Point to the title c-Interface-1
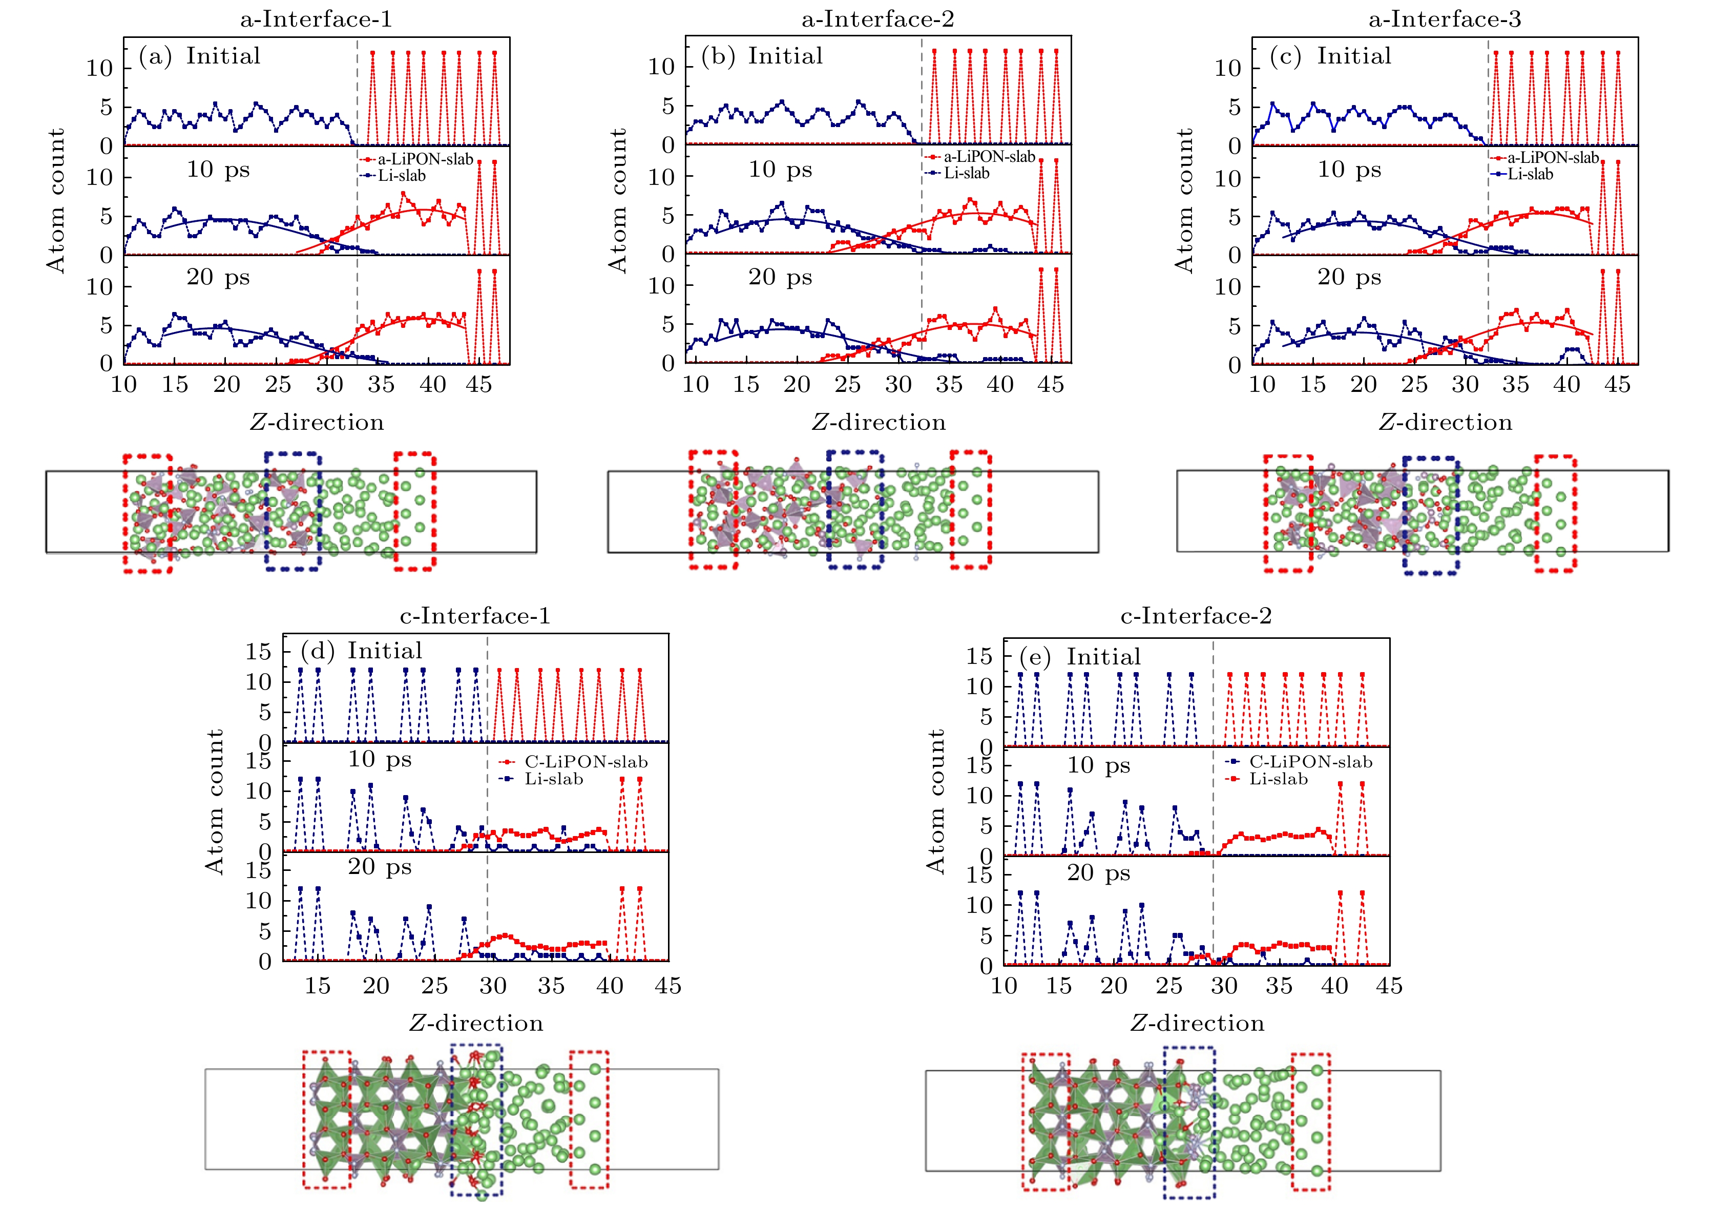click(475, 616)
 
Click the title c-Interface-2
click(1196, 616)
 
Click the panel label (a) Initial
click(200, 56)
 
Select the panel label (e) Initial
click(1080, 657)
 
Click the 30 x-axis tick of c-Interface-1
click(493, 986)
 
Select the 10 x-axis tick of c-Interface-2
click(1004, 986)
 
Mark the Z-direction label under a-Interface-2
click(878, 423)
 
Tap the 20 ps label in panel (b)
click(780, 277)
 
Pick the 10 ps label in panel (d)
click(379, 759)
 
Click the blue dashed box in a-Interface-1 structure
click(292, 511)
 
